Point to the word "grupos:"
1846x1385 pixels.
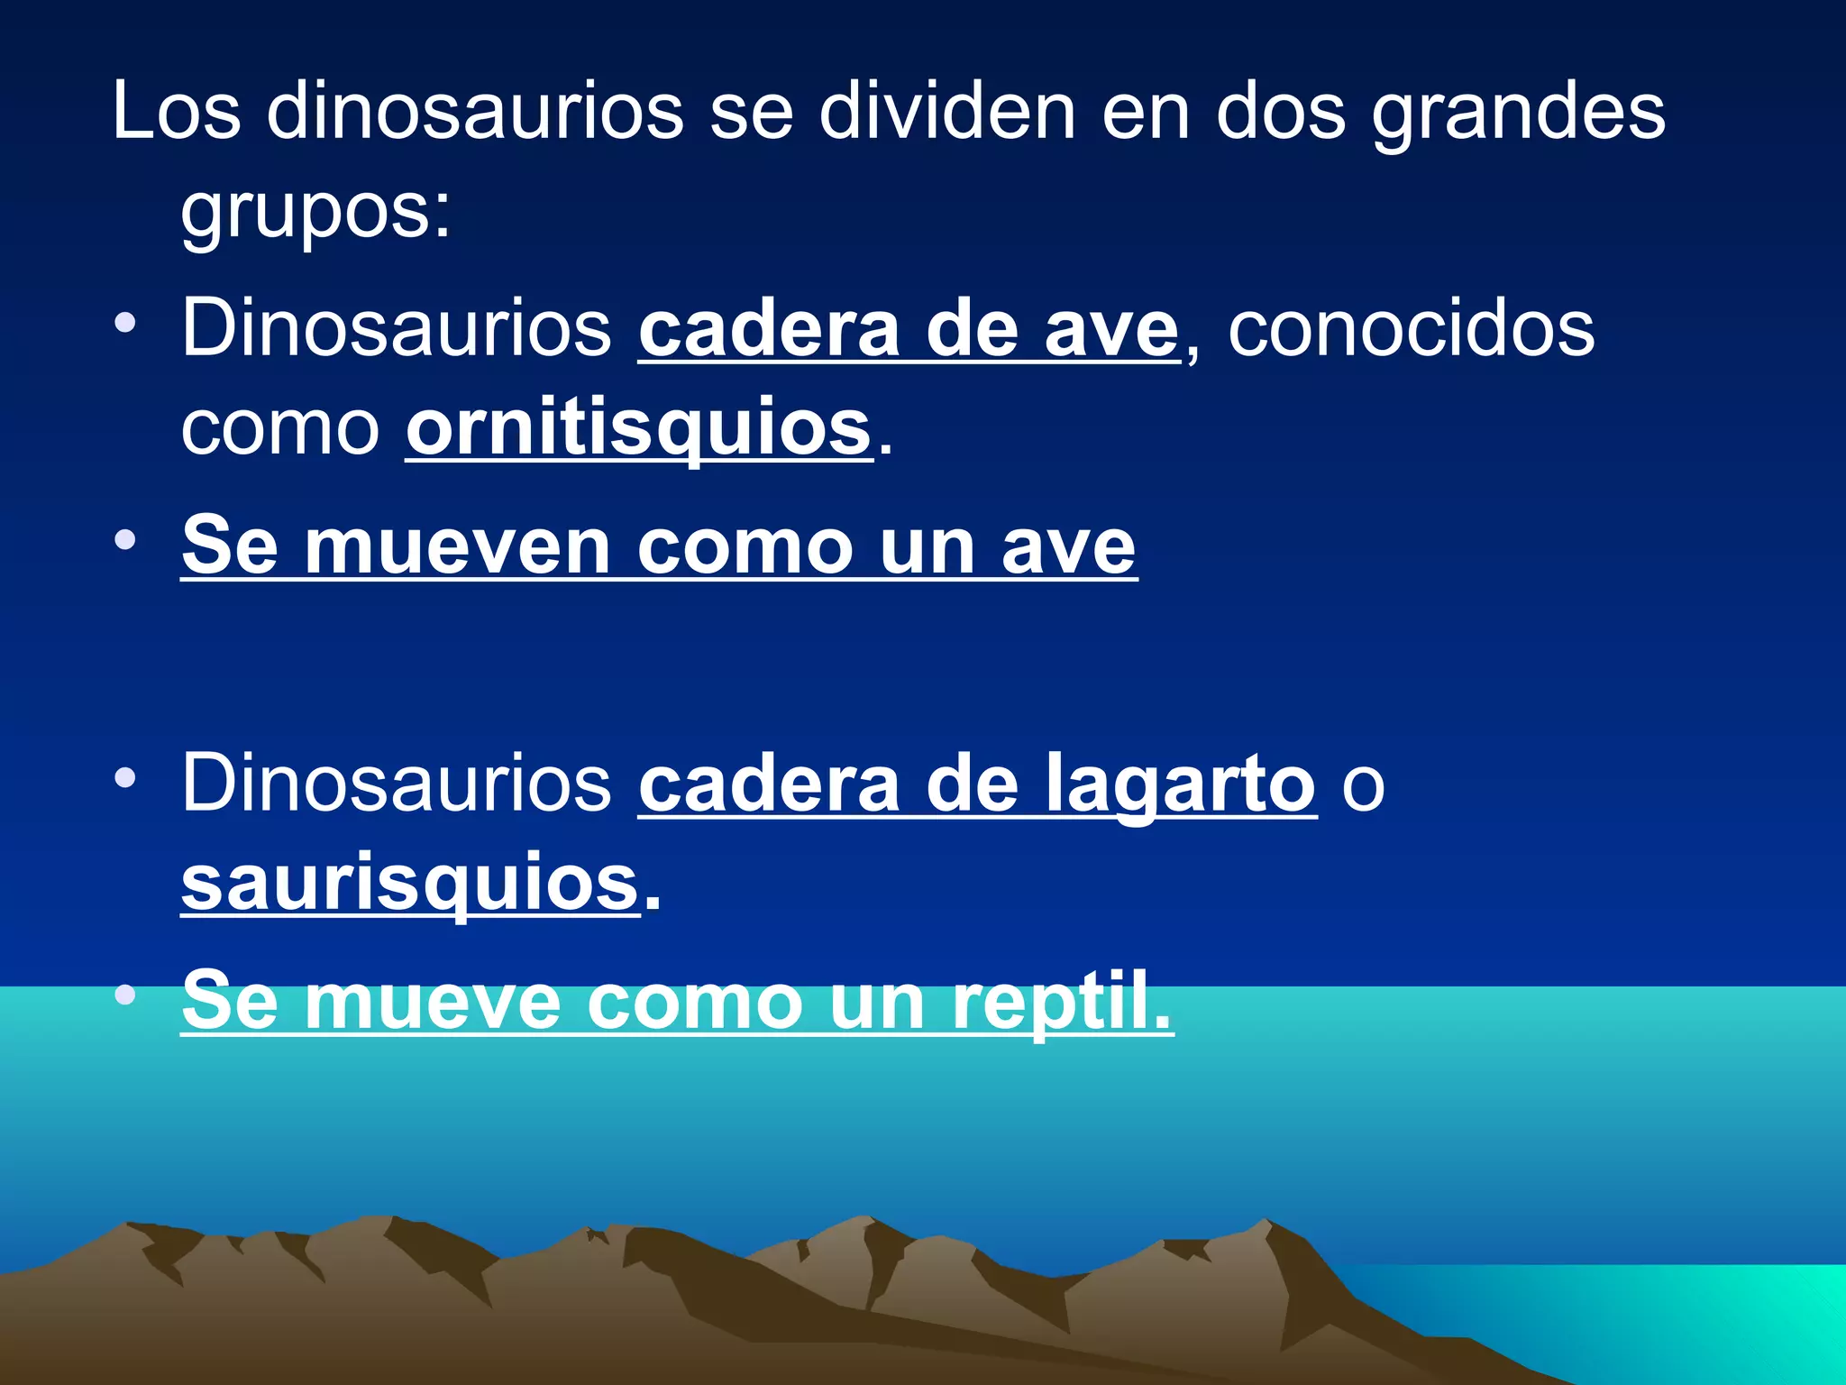tap(315, 212)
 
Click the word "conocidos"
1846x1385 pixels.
tap(1412, 328)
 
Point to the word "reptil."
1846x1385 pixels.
tap(1063, 1001)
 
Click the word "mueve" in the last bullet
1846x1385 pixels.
tap(433, 1001)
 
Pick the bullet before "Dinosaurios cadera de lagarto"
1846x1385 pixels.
tap(125, 777)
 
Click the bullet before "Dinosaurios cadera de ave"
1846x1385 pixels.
tap(125, 323)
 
